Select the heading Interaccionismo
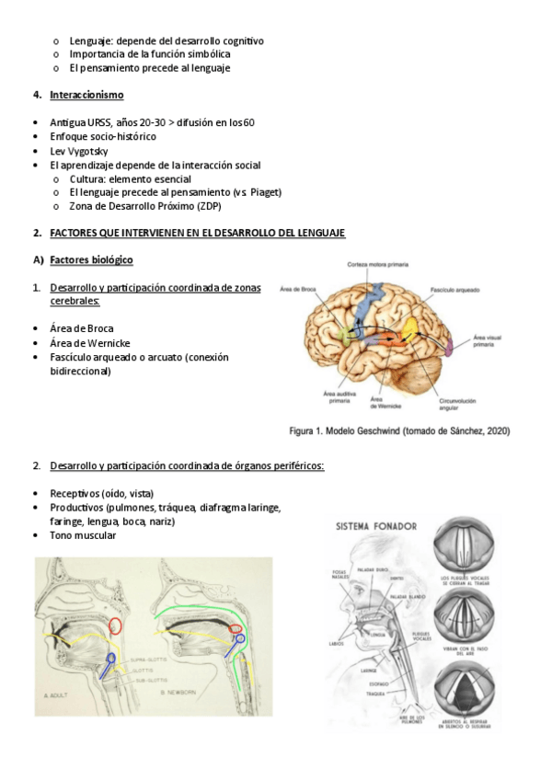(x=86, y=95)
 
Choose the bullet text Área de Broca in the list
(x=82, y=328)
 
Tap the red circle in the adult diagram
(x=116, y=626)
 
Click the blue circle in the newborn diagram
(x=240, y=637)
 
